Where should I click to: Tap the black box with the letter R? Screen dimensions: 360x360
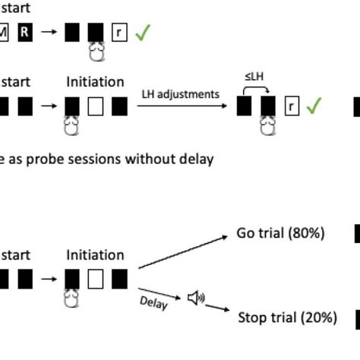click(25, 32)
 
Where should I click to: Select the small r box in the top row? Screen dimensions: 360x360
click(119, 32)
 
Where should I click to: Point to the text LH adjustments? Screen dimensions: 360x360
click(181, 94)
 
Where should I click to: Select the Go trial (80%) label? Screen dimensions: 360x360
click(280, 233)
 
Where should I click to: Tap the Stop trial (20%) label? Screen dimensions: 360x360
click(288, 317)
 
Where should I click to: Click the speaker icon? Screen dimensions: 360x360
click(196, 298)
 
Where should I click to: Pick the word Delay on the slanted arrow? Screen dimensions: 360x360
click(154, 302)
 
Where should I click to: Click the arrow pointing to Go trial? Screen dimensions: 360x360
click(182, 252)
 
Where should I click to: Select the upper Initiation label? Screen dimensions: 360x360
click(95, 81)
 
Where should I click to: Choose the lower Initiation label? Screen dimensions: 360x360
click(95, 255)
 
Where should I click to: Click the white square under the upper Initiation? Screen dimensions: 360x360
click(96, 106)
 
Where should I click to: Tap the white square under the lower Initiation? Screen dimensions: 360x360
click(96, 279)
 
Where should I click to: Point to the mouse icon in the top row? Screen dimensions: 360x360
click(96, 52)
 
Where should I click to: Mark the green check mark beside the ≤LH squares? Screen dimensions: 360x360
click(314, 106)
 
